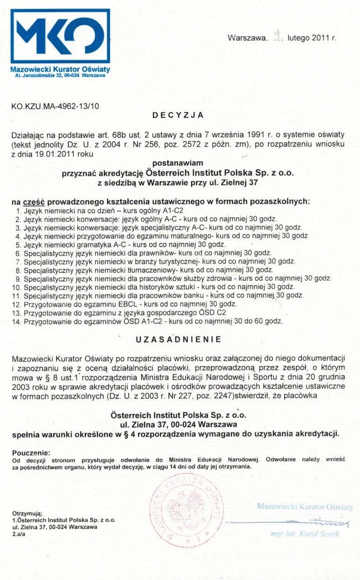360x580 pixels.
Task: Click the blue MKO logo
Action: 60,35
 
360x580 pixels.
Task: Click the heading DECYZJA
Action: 178,115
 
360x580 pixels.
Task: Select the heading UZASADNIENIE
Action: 178,339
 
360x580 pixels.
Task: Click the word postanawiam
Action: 178,163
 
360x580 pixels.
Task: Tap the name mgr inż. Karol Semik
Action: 305,534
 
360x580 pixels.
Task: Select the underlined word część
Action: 34,201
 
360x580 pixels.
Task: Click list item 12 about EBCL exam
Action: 126,304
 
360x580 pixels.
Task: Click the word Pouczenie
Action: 31,452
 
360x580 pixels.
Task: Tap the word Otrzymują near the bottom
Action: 27,513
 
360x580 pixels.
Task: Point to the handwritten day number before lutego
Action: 277,35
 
